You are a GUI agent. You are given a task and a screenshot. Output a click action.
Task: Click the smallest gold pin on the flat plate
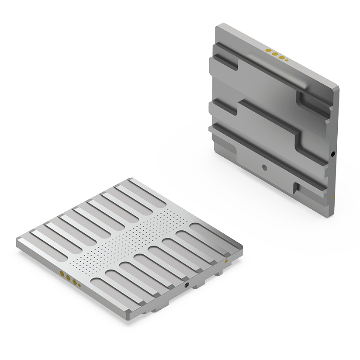coord(79,286)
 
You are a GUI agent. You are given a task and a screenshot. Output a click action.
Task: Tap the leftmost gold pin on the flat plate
coord(62,274)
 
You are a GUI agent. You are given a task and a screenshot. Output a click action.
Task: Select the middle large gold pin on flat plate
coord(68,278)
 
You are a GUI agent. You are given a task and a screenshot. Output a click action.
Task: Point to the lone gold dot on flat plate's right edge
coord(226,261)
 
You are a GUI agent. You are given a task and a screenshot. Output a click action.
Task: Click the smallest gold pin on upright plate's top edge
coord(287,61)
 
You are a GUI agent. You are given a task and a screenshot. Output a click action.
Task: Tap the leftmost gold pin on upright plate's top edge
coord(268,51)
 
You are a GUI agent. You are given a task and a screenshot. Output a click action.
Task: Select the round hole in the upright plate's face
coord(263,166)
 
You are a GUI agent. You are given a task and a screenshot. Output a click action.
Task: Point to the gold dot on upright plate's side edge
coord(333,197)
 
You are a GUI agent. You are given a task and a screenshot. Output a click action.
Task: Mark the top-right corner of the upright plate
coord(339,87)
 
